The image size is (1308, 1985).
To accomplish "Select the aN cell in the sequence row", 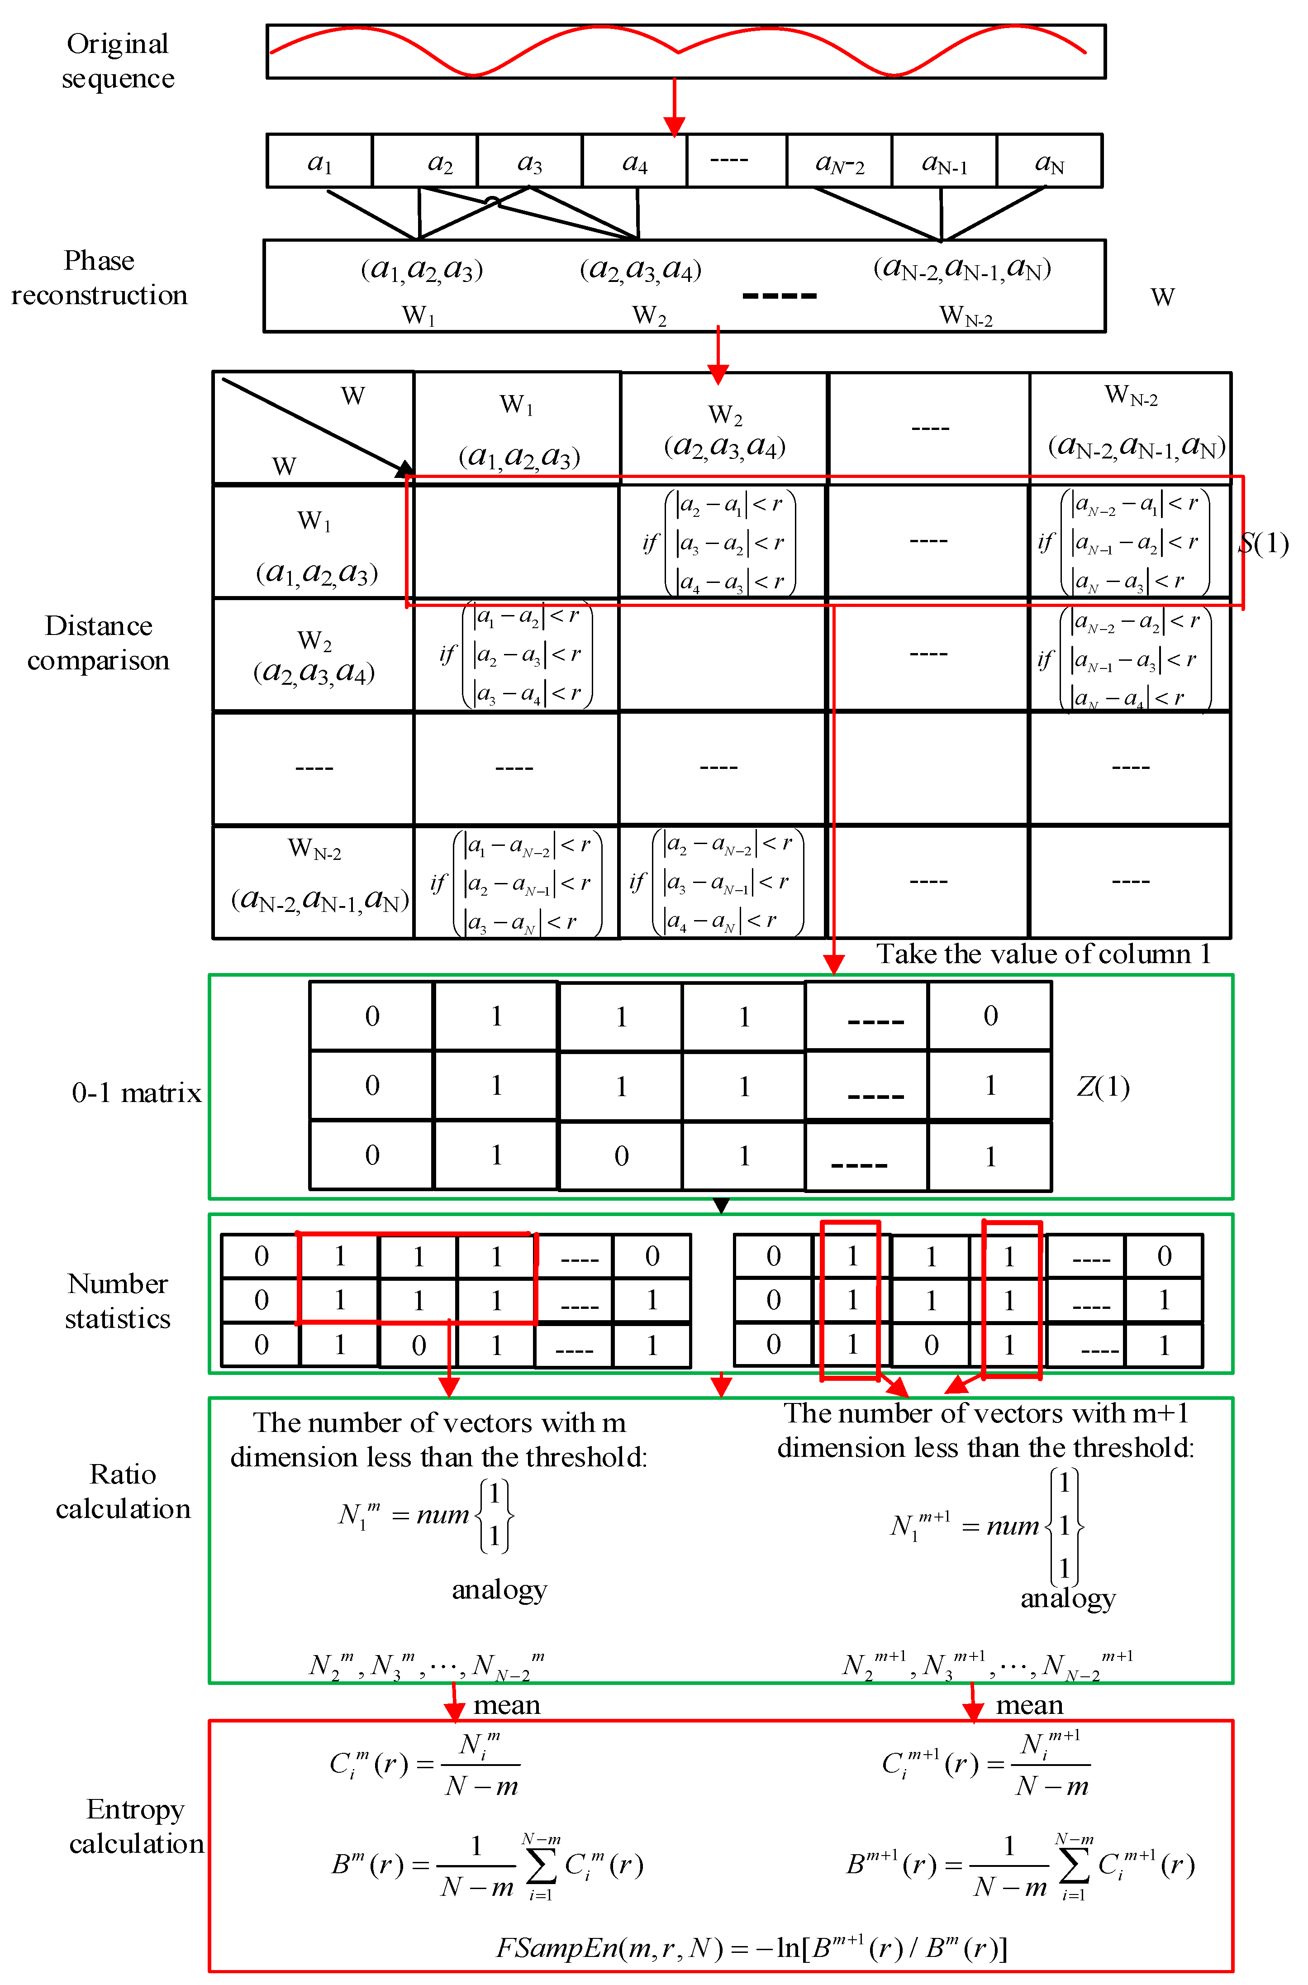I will click(x=1049, y=162).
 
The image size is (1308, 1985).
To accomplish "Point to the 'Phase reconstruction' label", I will click(x=99, y=278).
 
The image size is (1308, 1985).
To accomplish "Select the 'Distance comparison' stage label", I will click(x=99, y=643).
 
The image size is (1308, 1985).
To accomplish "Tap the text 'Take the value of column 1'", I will click(x=1043, y=954).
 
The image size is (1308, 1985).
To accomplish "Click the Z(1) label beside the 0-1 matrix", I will click(x=1103, y=1086).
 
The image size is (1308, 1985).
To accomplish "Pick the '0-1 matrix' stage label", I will click(x=137, y=1093).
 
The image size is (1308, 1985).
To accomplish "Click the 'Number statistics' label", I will click(x=118, y=1301).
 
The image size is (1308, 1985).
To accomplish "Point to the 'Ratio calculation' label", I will click(x=124, y=1491).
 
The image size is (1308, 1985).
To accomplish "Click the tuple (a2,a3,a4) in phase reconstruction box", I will click(x=641, y=269).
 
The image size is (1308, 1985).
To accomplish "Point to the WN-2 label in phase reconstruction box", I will click(x=965, y=315).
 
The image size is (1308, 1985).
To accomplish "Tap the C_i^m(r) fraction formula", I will click(x=425, y=1763).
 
